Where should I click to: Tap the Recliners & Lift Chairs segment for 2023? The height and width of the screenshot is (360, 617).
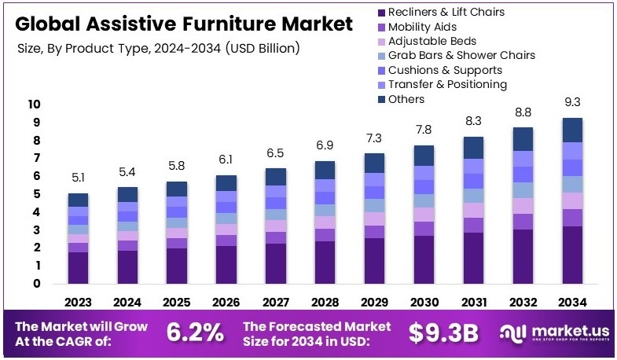tap(78, 267)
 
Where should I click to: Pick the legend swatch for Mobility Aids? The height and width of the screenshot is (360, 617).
tap(381, 27)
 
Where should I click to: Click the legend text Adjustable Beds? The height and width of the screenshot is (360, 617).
tap(432, 41)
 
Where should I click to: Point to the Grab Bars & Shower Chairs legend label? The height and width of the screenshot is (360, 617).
tap(461, 55)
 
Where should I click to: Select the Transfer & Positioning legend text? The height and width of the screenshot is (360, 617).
tap(447, 84)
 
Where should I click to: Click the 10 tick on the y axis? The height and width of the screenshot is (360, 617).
tap(34, 105)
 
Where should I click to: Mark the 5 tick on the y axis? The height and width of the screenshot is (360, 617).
tap(36, 194)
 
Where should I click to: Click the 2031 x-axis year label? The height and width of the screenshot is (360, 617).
tap(473, 302)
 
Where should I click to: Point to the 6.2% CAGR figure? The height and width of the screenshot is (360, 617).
tap(195, 332)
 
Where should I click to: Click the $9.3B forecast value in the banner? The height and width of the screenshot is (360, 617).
tap(443, 332)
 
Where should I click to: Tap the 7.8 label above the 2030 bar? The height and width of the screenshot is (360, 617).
tap(424, 130)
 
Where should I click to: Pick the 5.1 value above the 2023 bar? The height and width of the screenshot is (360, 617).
tap(78, 177)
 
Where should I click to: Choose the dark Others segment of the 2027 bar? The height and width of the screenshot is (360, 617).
tap(275, 177)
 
